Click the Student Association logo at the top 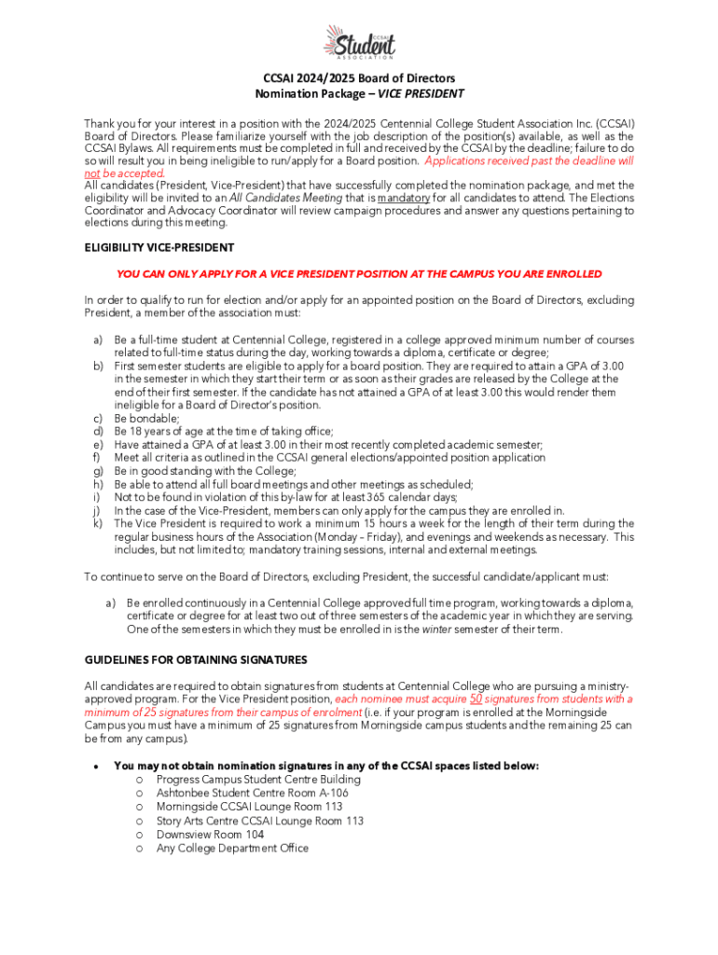tap(359, 42)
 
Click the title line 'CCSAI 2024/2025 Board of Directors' tap(359, 79)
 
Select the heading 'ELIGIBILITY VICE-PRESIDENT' tap(159, 248)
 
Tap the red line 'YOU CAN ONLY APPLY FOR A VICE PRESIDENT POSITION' tap(359, 274)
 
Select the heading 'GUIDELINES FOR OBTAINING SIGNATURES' tap(196, 660)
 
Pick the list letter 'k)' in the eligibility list tap(97, 524)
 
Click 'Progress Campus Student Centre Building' tap(258, 780)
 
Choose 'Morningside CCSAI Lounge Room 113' tap(249, 808)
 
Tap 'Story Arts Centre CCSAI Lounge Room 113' tap(260, 822)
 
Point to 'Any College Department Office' tap(232, 850)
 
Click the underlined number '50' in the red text tap(476, 699)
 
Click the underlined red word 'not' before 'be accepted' tap(91, 173)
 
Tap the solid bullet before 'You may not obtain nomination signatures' tap(96, 767)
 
